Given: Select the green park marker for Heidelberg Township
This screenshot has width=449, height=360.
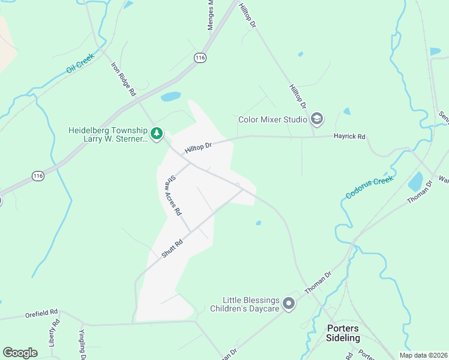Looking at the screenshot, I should click(x=157, y=133).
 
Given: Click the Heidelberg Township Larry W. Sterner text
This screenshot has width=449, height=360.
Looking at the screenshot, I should click(x=107, y=134).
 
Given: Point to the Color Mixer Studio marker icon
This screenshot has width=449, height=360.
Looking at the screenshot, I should click(x=317, y=119).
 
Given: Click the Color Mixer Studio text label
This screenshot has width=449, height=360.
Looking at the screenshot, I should click(x=273, y=119).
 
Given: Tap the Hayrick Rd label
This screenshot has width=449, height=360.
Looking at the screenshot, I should click(x=349, y=137).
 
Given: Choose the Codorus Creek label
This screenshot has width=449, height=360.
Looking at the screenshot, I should click(x=370, y=187).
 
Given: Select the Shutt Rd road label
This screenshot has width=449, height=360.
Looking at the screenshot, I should click(x=171, y=249).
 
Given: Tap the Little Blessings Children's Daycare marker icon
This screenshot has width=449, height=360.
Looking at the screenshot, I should click(x=289, y=304).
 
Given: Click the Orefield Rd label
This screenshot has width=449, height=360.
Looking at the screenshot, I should click(x=41, y=313).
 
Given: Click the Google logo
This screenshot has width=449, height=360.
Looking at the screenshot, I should click(x=20, y=353).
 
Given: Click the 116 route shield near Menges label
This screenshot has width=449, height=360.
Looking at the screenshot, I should click(x=200, y=57).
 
